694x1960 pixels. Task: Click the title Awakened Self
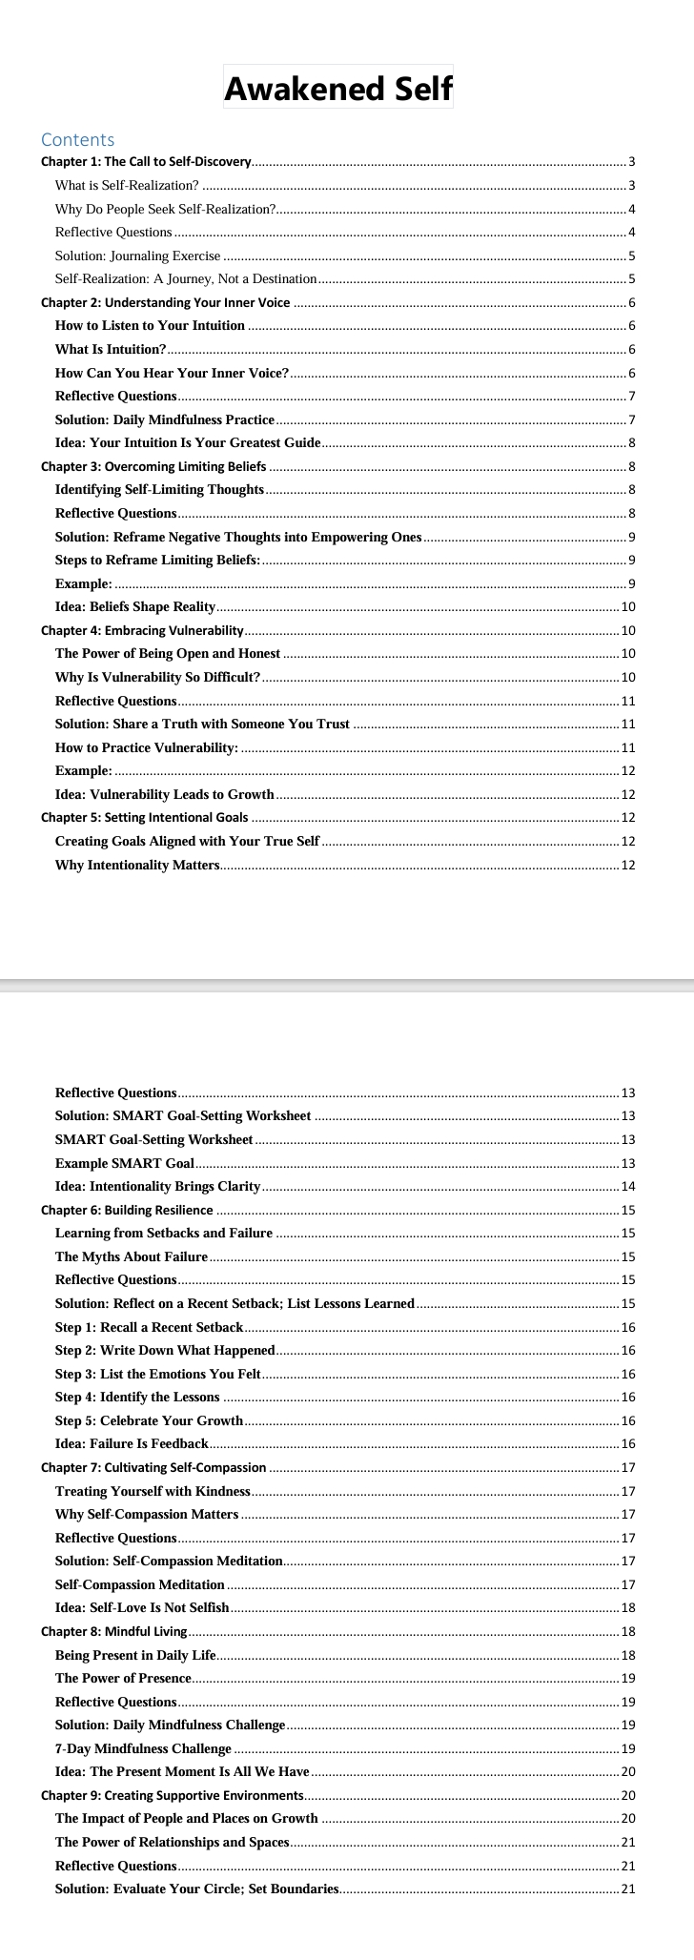click(338, 89)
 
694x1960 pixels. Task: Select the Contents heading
click(77, 140)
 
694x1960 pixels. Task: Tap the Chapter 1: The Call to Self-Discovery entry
click(146, 162)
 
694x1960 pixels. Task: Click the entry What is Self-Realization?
click(127, 186)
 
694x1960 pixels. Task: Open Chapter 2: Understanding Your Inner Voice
click(165, 303)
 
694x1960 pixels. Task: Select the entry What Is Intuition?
click(111, 350)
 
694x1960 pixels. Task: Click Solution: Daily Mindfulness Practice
click(165, 420)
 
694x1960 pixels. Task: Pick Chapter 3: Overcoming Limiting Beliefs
click(153, 467)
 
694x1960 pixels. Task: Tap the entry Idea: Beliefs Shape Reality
click(135, 607)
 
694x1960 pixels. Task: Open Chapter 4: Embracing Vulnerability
click(142, 631)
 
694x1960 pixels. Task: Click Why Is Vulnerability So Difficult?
click(157, 678)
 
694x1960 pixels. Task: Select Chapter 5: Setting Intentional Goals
click(144, 818)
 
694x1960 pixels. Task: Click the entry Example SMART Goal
click(125, 1164)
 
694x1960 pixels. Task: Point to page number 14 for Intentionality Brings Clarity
click(627, 1187)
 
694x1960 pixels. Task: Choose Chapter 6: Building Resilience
click(127, 1211)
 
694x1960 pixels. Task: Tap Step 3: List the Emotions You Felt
click(158, 1374)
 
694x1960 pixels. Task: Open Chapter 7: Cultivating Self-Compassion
click(153, 1468)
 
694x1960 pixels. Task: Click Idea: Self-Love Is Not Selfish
click(142, 1608)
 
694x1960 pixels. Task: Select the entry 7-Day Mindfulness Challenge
click(143, 1749)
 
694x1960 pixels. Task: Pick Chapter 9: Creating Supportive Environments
click(172, 1796)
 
